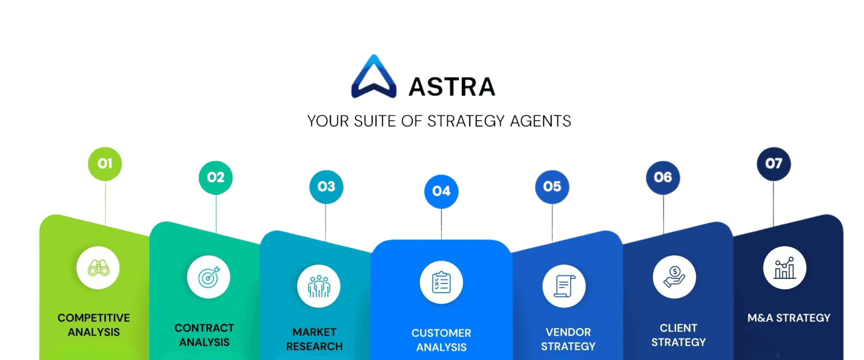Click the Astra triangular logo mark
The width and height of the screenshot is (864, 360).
coord(373,77)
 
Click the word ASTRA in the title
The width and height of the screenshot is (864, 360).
coord(452,87)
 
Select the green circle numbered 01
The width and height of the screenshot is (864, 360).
coord(105,164)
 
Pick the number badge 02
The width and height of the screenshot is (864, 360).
coord(216,177)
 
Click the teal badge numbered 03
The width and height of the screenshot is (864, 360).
coord(326,186)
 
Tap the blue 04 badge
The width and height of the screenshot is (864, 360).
coord(441,191)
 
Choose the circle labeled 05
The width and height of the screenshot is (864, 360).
coord(552,186)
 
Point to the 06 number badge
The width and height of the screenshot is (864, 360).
coord(663,177)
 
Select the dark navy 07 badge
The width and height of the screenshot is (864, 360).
coord(774,164)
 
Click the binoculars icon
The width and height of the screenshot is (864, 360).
coord(98,268)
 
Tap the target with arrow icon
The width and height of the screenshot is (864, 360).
coord(209,277)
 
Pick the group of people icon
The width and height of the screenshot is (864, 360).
coord(319,286)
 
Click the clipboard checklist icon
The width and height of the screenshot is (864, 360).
coord(441,283)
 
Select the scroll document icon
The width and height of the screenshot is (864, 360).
coord(564,286)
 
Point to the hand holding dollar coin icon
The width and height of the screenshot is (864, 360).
coord(674,277)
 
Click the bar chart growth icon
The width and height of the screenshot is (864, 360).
coord(784,268)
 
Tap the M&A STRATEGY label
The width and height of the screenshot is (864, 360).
coord(789,318)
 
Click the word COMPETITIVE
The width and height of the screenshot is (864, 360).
coord(94,318)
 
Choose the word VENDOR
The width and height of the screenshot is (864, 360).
coord(568,332)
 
